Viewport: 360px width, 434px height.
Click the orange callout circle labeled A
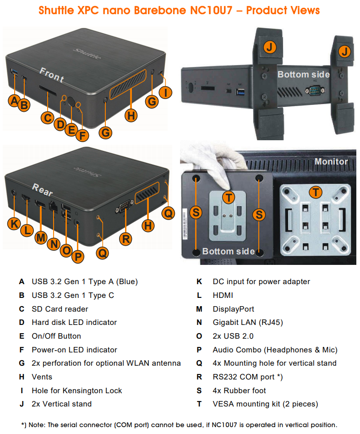[x=14, y=100]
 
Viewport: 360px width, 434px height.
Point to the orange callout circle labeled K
[x=14, y=223]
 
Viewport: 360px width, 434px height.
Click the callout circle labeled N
[x=54, y=244]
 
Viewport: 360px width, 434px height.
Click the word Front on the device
[x=52, y=75]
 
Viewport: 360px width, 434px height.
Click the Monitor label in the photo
[x=331, y=161]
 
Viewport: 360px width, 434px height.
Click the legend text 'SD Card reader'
[x=60, y=309]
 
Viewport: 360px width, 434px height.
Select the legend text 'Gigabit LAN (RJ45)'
[x=247, y=323]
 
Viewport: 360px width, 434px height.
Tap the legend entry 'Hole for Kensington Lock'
[x=76, y=390]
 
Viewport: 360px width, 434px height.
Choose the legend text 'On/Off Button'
[x=56, y=336]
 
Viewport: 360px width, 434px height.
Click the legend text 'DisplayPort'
[x=233, y=309]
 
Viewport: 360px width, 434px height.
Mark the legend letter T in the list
[x=199, y=404]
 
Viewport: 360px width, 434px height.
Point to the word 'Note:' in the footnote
[x=39, y=425]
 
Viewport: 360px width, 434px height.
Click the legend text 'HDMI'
[x=223, y=295]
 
